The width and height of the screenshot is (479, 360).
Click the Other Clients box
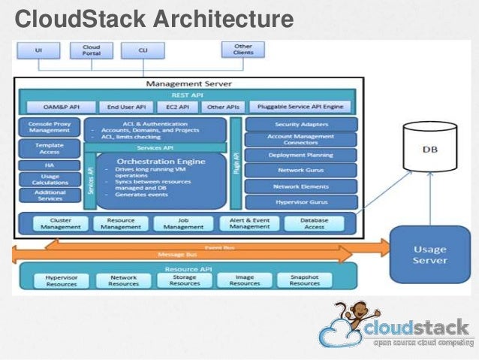pyautogui.click(x=243, y=50)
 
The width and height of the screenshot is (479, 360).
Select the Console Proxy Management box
pyautogui.click(x=50, y=127)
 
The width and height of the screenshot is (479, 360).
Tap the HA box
pyautogui.click(x=50, y=165)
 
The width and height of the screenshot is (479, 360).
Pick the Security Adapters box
pyautogui.click(x=301, y=123)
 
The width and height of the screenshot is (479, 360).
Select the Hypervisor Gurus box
pyautogui.click(x=301, y=201)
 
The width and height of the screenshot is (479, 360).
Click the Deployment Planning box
pyautogui.click(x=301, y=155)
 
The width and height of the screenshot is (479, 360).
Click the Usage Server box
pyautogui.click(x=429, y=254)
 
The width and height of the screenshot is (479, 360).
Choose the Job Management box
pyautogui.click(x=179, y=223)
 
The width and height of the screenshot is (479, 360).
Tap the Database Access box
pyautogui.click(x=314, y=223)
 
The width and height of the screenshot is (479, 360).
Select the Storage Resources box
pyautogui.click(x=184, y=280)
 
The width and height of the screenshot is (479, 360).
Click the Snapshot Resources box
pyautogui.click(x=304, y=280)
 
